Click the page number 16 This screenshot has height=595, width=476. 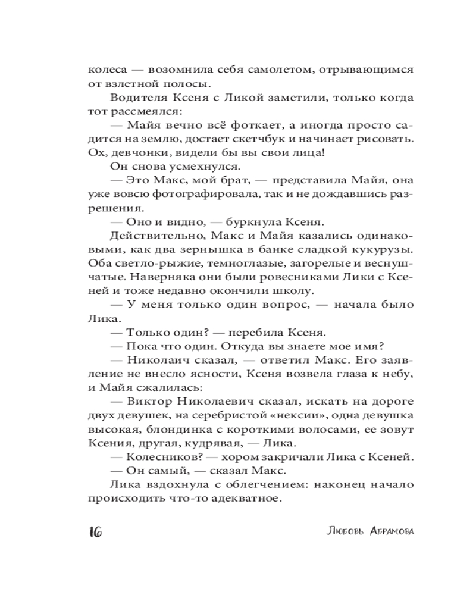[x=95, y=531]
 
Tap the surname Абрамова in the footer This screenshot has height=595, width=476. [x=385, y=531]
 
